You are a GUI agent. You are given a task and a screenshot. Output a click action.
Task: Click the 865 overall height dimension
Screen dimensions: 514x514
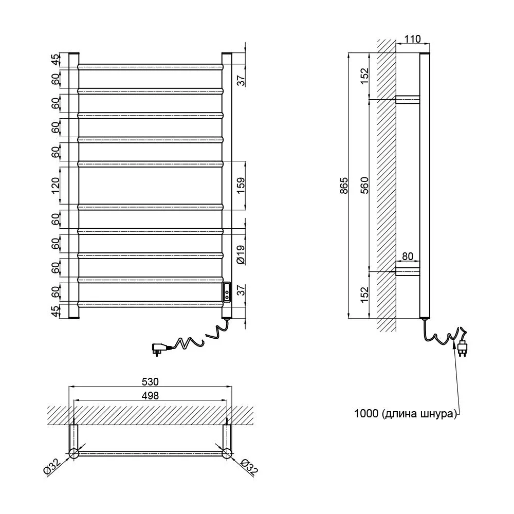344,186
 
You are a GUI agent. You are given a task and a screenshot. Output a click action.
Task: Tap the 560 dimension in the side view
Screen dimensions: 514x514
364,185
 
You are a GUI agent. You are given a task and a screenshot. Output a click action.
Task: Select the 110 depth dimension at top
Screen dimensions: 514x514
412,39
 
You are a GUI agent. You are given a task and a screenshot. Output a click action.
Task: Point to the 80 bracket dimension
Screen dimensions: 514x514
408,256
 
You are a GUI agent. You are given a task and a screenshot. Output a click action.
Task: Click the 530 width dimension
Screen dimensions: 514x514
150,381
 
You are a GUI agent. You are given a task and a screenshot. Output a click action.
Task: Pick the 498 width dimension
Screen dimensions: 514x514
150,395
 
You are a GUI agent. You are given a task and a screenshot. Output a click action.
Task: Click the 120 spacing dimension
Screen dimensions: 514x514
56,186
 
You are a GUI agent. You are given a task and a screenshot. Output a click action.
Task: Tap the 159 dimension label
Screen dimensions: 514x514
241,186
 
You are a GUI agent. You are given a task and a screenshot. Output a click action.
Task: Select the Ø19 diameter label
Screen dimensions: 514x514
241,255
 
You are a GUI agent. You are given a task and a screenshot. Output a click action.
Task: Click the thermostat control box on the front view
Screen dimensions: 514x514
227,292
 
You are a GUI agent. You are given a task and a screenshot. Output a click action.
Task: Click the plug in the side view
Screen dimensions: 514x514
463,348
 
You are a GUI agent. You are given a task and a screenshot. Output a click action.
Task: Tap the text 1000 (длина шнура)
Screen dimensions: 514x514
406,414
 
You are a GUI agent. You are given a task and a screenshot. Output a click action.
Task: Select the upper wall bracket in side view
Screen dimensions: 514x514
408,100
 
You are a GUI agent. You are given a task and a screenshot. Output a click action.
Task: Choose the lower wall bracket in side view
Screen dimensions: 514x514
408,272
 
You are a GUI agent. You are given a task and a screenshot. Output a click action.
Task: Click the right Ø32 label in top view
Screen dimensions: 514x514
249,467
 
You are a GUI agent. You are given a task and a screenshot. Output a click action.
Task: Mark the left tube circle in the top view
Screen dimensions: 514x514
74,454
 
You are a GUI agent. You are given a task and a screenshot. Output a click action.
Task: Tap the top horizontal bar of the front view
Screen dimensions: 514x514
150,67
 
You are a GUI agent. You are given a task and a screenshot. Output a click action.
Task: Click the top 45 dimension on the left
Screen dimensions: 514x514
56,60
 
